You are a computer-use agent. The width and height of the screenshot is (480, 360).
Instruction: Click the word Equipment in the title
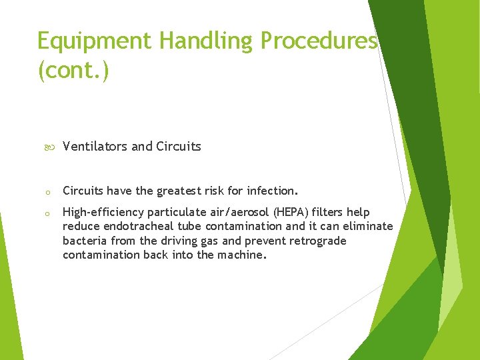[x=94, y=41]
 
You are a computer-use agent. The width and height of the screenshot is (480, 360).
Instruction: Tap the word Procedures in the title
[x=319, y=41]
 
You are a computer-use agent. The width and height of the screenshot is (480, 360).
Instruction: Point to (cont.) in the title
[x=73, y=70]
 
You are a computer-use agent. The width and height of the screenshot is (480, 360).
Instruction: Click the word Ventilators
[x=95, y=147]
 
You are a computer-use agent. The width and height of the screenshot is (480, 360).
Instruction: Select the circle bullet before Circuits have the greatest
[x=48, y=192]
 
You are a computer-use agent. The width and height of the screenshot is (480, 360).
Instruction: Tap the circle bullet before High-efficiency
[x=48, y=213]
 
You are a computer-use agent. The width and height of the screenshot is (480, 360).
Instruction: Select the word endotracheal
[x=131, y=227]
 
